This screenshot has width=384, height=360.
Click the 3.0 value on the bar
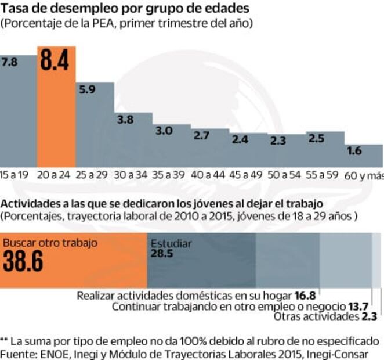[x=164, y=131]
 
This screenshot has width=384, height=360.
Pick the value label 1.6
[x=354, y=151]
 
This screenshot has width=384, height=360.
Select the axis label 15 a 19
[x=15, y=175]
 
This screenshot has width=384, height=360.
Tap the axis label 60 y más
[x=364, y=175]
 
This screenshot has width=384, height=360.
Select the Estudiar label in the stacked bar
[x=171, y=244]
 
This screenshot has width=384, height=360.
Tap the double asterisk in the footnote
[x=4, y=340]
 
